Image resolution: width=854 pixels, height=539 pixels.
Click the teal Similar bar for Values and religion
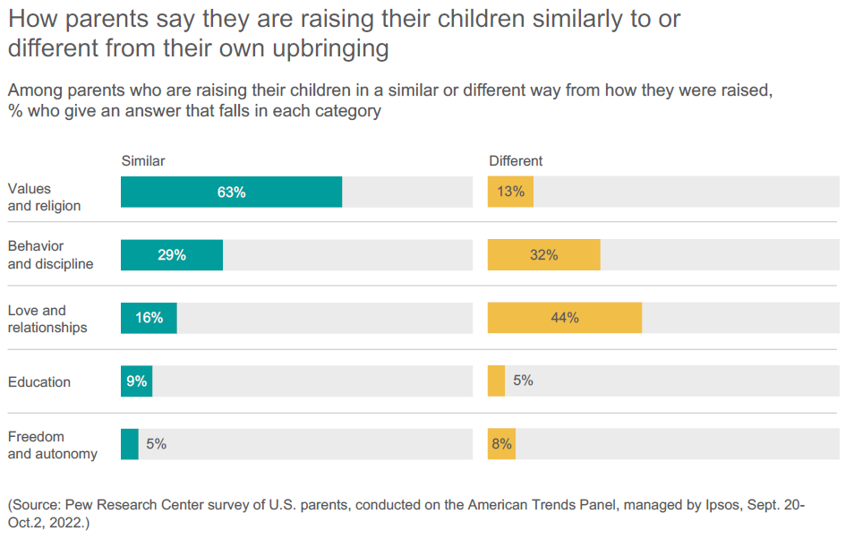[x=231, y=192]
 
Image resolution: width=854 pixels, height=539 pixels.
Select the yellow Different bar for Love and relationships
[x=564, y=318]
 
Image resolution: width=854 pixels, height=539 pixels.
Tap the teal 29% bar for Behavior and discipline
[x=172, y=255]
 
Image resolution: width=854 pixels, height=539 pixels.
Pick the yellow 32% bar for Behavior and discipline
[x=543, y=255]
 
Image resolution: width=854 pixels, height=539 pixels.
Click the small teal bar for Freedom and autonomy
[x=130, y=444]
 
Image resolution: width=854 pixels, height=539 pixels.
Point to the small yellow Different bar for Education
[x=496, y=381]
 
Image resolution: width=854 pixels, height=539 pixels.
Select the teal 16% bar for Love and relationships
[x=149, y=318]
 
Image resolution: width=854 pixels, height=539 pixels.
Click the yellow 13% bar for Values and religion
[x=510, y=192]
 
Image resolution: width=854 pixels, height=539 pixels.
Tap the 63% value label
[x=231, y=192]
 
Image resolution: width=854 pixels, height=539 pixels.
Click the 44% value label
[x=565, y=318]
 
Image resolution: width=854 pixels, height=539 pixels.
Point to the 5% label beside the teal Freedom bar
[x=156, y=444]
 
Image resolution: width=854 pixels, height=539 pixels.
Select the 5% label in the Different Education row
[x=523, y=381]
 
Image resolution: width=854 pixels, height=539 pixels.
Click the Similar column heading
[x=143, y=161]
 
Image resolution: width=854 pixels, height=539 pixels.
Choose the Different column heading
[x=516, y=161]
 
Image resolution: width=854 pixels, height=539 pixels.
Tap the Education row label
[x=39, y=382]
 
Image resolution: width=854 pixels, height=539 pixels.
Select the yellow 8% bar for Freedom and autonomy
[x=501, y=444]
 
